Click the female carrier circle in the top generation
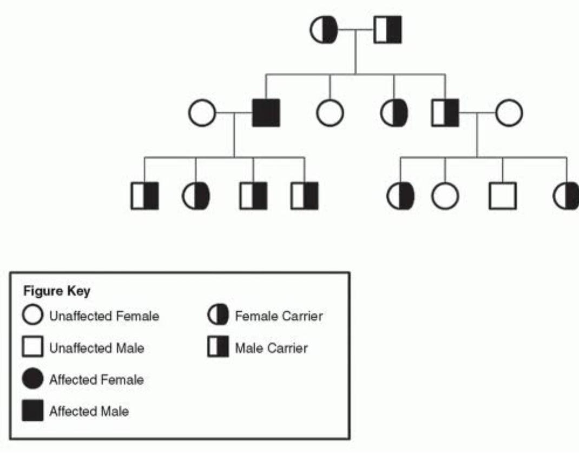click(324, 30)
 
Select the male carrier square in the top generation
click(388, 30)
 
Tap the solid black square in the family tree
click(266, 113)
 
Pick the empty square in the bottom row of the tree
click(502, 195)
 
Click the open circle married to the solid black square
click(202, 114)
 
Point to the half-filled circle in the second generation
click(394, 114)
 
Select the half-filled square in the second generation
click(445, 113)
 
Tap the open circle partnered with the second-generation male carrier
click(509, 113)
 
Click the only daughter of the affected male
click(196, 195)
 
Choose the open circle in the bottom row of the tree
click(445, 195)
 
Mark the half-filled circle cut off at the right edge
click(567, 195)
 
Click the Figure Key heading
click(57, 291)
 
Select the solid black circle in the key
click(33, 380)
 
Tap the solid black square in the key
click(33, 411)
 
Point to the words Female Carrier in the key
click(278, 316)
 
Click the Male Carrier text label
click(271, 348)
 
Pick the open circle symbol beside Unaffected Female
click(33, 316)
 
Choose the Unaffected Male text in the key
click(96, 348)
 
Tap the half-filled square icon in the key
click(217, 348)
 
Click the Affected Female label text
click(96, 380)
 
